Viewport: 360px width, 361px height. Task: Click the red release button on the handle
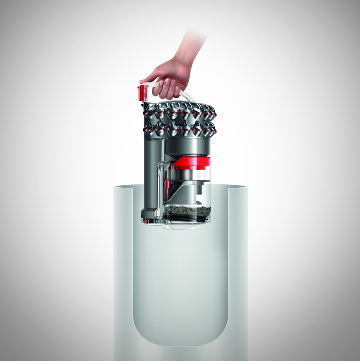[x=142, y=92]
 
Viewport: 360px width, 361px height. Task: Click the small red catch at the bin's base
[x=145, y=221]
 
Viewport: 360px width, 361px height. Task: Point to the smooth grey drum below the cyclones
[x=187, y=146]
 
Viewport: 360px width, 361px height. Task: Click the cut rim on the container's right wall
[x=238, y=187]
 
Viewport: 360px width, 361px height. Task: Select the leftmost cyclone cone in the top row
[x=149, y=110]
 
